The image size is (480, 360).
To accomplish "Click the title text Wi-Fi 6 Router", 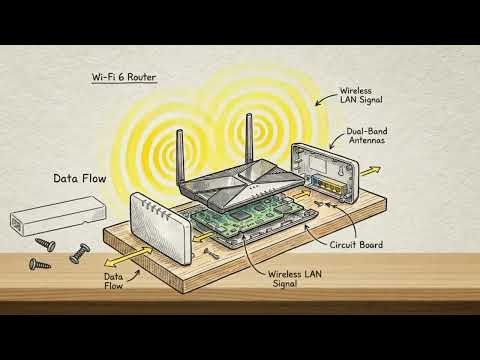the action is [124, 77].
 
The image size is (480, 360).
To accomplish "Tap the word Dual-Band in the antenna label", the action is [367, 131].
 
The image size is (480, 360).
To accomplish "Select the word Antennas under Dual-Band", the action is [367, 140].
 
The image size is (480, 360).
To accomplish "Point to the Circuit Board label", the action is [356, 245].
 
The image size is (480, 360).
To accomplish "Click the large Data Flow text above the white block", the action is [80, 178].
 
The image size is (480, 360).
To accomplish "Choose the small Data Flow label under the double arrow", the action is [113, 281].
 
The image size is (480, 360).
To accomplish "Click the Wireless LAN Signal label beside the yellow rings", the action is [361, 95].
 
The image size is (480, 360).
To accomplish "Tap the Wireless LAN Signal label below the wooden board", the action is [295, 279].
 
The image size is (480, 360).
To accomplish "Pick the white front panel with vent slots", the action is [159, 228].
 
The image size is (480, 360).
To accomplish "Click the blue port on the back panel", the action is [314, 181].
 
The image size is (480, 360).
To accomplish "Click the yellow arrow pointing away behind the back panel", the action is [370, 171].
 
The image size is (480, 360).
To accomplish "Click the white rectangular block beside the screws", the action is [58, 216].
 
